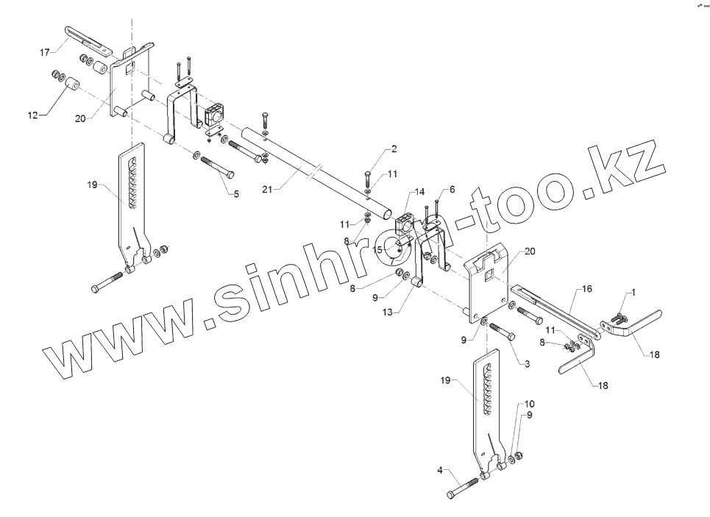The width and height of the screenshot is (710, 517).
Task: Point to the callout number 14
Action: tap(419, 192)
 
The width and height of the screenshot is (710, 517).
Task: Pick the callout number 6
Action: tap(452, 189)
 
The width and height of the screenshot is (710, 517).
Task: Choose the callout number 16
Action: tap(586, 290)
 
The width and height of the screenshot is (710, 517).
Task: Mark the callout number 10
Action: tap(530, 404)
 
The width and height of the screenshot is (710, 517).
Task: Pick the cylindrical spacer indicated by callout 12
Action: tap(71, 89)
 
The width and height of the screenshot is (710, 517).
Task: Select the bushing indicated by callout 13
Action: tap(416, 282)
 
